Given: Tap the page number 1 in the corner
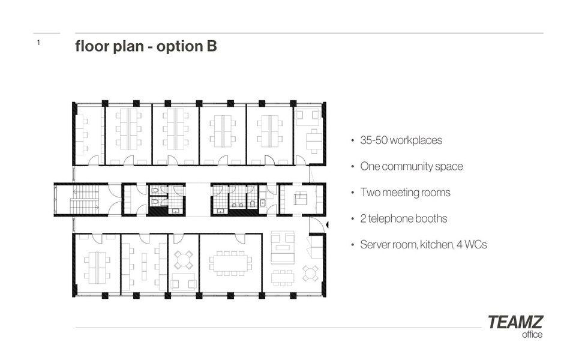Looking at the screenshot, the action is (x=38, y=43).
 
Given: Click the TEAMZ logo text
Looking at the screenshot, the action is (x=515, y=322).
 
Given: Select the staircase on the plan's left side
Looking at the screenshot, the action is (x=85, y=199).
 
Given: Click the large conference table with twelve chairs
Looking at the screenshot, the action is (x=230, y=263).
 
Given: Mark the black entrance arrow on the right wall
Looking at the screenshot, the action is (x=327, y=224).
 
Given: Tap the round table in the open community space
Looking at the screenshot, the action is (x=310, y=274).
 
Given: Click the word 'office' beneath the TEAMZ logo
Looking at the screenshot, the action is (x=532, y=335).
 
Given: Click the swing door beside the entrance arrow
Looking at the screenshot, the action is (x=315, y=224).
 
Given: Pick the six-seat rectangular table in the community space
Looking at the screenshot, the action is (x=283, y=277).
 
